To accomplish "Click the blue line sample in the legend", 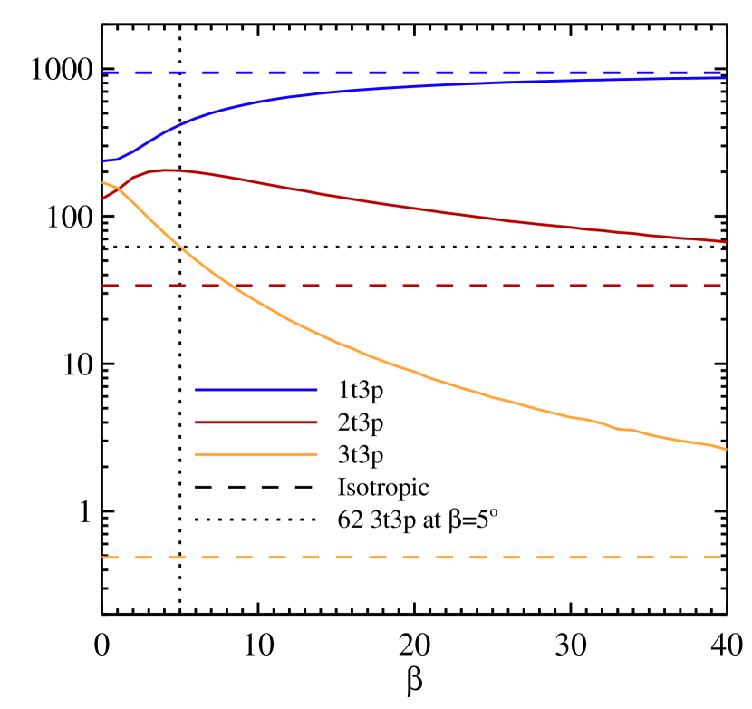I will pyautogui.click(x=256, y=390).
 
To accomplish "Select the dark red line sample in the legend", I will pyautogui.click(x=256, y=422).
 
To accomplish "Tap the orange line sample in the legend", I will pyautogui.click(x=256, y=455).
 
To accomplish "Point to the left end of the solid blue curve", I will pyautogui.click(x=103, y=160).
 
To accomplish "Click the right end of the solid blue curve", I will pyautogui.click(x=726, y=78).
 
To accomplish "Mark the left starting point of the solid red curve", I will pyautogui.click(x=103, y=198).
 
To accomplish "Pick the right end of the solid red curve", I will pyautogui.click(x=726, y=242).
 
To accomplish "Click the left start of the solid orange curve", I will pyautogui.click(x=103, y=183).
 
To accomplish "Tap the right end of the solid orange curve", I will pyautogui.click(x=726, y=449).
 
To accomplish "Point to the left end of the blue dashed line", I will pyautogui.click(x=103, y=73).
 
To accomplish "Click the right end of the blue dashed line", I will pyautogui.click(x=721, y=73).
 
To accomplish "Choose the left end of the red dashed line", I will pyautogui.click(x=103, y=286).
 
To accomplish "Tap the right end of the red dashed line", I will pyautogui.click(x=721, y=286).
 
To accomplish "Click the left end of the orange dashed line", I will pyautogui.click(x=103, y=557).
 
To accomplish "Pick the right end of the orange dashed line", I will pyautogui.click(x=721, y=557).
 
